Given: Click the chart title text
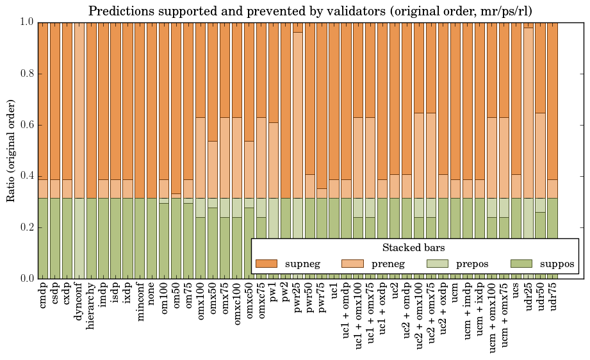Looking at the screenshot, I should (x=310, y=11).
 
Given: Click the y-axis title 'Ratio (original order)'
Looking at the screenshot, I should (x=11, y=151).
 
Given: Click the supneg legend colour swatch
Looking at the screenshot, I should (x=266, y=264).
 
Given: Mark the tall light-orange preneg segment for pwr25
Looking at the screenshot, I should (x=298, y=115).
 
